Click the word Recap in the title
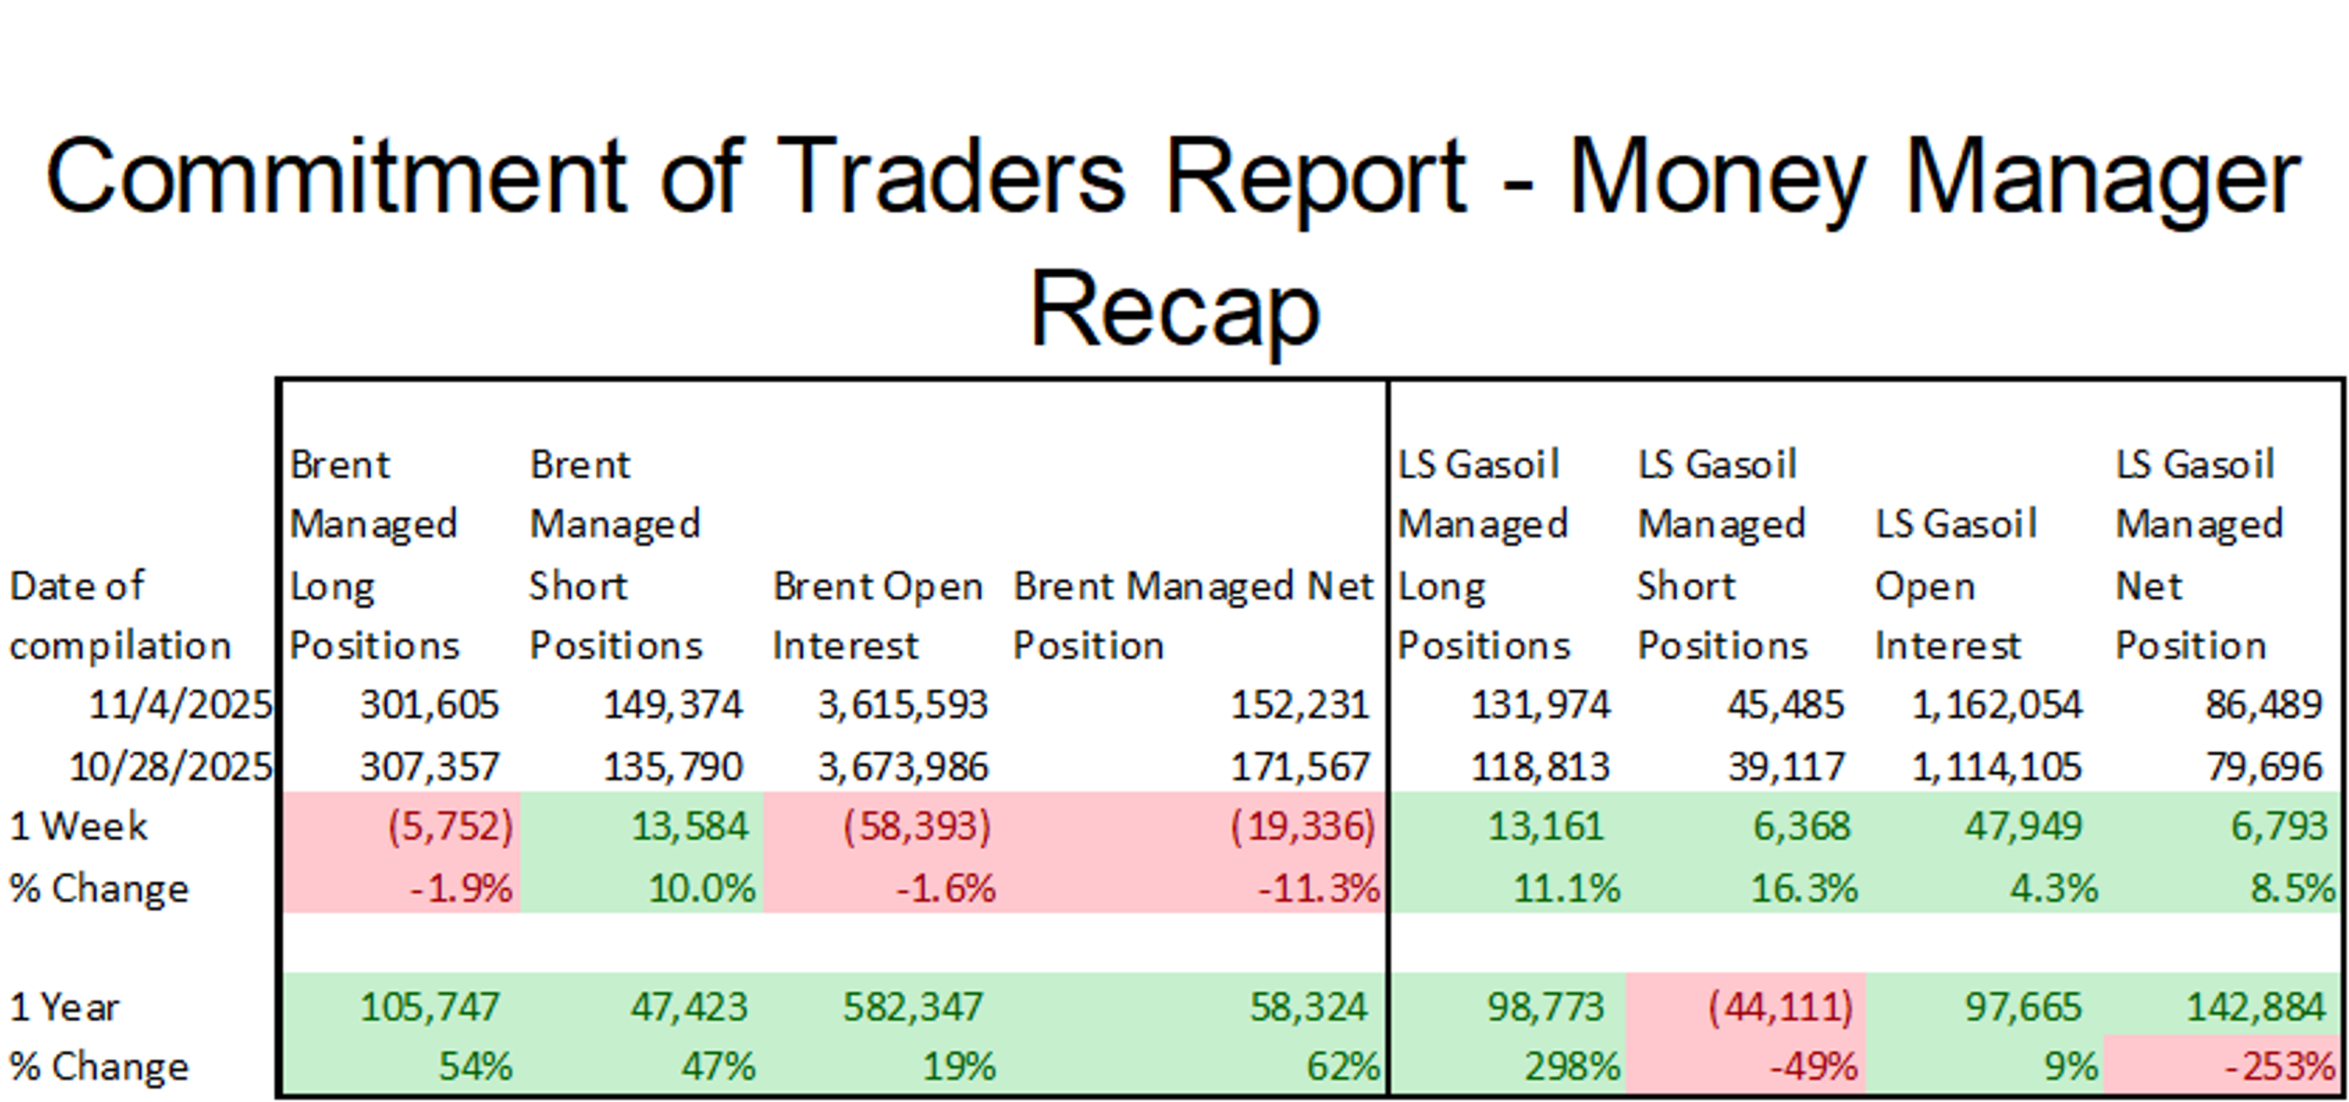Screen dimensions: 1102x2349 coord(1174,310)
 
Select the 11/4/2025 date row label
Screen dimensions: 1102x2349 coord(180,704)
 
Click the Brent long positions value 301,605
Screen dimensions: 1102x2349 coord(429,704)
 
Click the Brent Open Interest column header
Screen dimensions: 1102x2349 coord(877,615)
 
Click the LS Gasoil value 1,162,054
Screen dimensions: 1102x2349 coord(1995,704)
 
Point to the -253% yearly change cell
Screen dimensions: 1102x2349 coord(2279,1065)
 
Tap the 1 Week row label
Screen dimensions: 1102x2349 coord(78,826)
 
